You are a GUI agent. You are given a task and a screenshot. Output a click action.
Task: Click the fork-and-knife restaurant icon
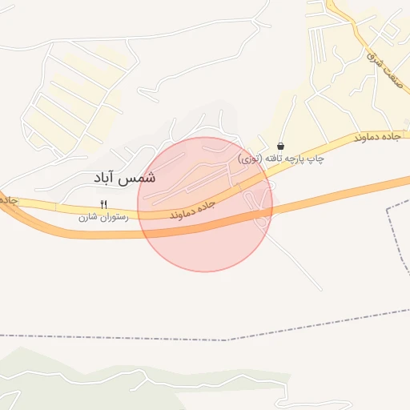[103, 205]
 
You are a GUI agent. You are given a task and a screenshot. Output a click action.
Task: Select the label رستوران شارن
[98, 217]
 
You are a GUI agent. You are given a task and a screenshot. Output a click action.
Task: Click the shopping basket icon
[280, 146]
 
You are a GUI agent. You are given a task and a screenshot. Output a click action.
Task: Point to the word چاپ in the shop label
[316, 159]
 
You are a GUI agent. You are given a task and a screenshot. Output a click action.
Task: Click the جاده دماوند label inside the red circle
[193, 210]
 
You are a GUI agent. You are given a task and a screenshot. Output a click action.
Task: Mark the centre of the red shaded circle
[205, 204]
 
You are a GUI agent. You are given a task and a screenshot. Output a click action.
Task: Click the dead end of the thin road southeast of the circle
[322, 289]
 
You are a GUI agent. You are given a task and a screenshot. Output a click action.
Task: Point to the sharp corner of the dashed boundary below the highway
[387, 209]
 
